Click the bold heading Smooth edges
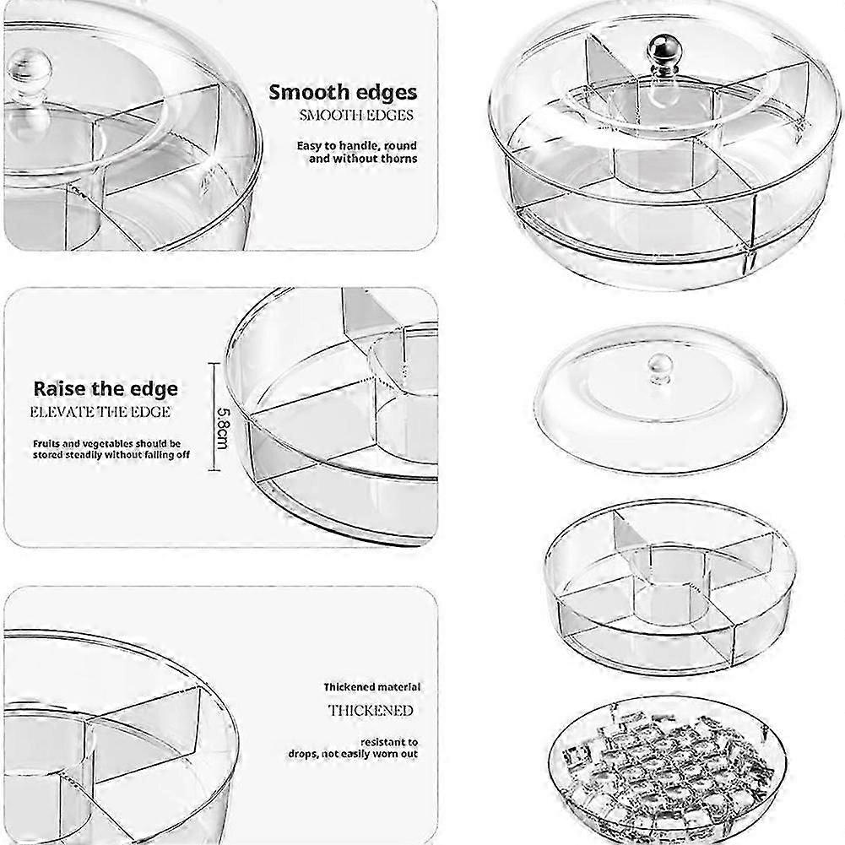click(343, 93)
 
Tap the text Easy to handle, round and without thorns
click(356, 152)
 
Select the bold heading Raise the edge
click(106, 389)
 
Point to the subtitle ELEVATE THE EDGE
click(100, 412)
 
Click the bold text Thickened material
click(371, 688)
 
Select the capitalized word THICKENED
click(371, 710)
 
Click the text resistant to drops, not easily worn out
click(376, 746)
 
